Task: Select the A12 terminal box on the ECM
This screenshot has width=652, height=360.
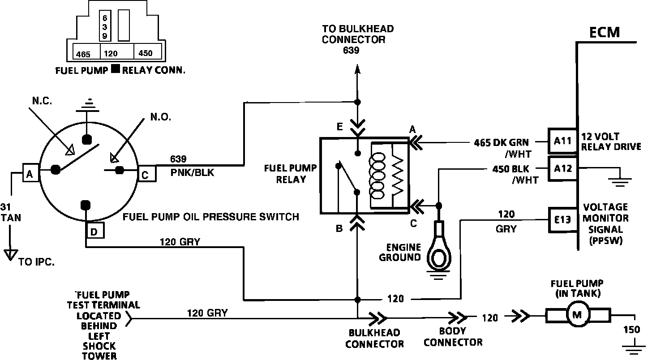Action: pyautogui.click(x=562, y=169)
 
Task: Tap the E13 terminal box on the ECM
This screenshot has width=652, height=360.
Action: pyautogui.click(x=562, y=219)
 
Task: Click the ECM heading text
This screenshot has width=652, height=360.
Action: pyautogui.click(x=604, y=33)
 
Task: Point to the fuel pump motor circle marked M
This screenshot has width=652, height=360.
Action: pyautogui.click(x=577, y=315)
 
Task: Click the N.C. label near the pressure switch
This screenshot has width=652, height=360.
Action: pyautogui.click(x=42, y=101)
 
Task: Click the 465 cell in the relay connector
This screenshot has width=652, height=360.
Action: pyautogui.click(x=83, y=54)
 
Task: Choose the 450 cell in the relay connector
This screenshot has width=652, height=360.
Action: pyautogui.click(x=146, y=53)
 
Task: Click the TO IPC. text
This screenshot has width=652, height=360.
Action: pyautogui.click(x=37, y=262)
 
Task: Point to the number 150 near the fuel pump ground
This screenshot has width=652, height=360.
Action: pyautogui.click(x=632, y=330)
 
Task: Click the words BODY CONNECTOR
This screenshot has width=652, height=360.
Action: pyautogui.click(x=453, y=337)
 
